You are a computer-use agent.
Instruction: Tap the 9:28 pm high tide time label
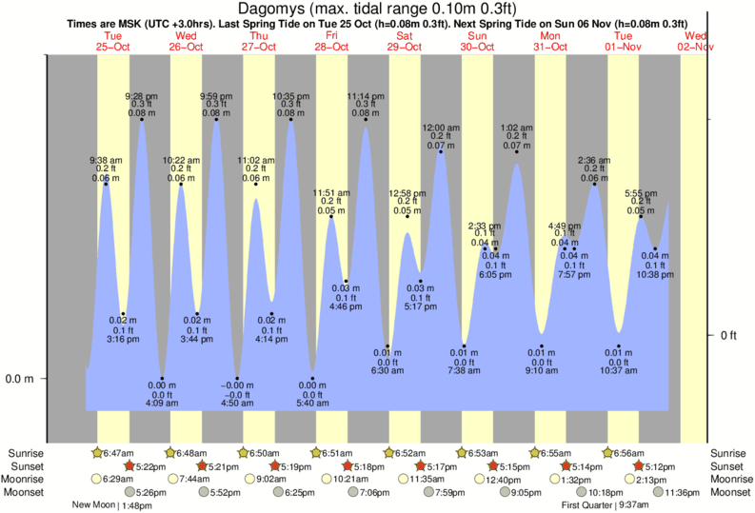click(142, 96)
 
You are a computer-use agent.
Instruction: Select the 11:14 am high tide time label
click(365, 96)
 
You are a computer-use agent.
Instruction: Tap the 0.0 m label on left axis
click(20, 379)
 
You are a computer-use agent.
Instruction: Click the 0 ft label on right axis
click(729, 335)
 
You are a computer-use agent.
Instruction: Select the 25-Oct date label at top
click(113, 46)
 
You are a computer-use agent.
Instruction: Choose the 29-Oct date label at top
click(405, 46)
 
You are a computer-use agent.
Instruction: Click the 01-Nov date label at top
click(624, 46)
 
